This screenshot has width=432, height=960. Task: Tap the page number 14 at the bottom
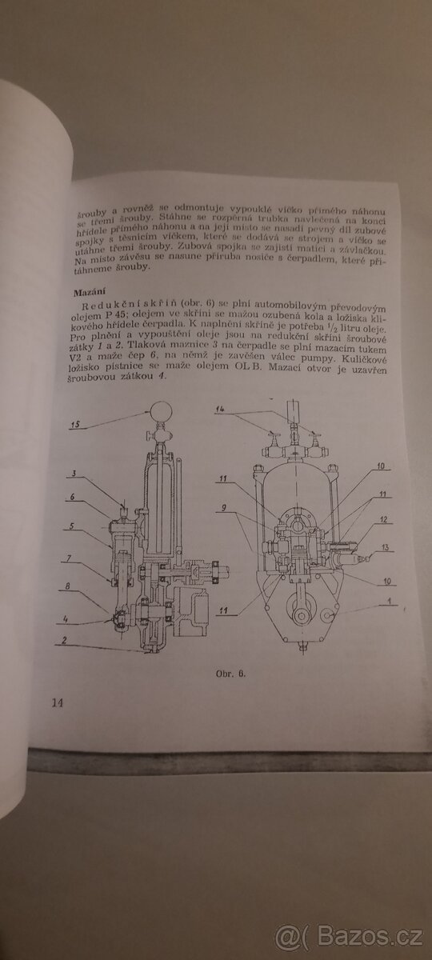click(57, 702)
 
